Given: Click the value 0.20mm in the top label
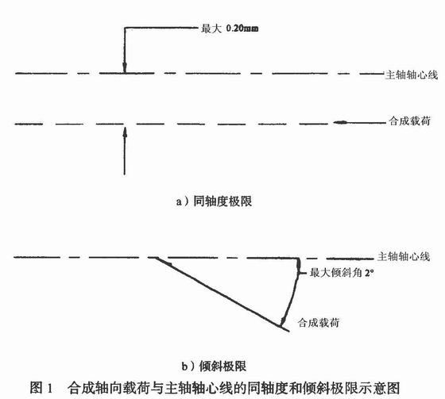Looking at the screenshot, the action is click(x=242, y=29).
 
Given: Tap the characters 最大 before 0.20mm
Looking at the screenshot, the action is click(x=211, y=29).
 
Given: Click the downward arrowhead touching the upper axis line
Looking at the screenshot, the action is click(x=125, y=67).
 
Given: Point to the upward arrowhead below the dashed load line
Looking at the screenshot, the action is click(x=125, y=132).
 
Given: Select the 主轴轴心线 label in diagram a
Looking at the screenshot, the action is click(x=412, y=75).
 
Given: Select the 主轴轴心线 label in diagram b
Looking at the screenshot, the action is click(x=404, y=256).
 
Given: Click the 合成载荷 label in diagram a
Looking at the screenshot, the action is click(x=409, y=121).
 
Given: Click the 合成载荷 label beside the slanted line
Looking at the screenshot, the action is click(x=319, y=323).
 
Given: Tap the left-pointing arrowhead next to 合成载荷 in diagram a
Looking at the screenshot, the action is click(x=340, y=122).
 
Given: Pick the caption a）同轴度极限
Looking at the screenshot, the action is click(x=214, y=201).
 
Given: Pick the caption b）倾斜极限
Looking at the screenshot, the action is click(x=214, y=366).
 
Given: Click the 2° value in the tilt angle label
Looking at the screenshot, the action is click(x=370, y=273).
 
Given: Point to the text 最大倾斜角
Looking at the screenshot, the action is click(x=336, y=273).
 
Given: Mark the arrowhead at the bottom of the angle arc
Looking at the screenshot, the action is click(x=282, y=321).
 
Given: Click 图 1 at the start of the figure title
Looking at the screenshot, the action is click(x=41, y=388).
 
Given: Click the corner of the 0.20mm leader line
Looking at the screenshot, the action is click(x=125, y=28).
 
